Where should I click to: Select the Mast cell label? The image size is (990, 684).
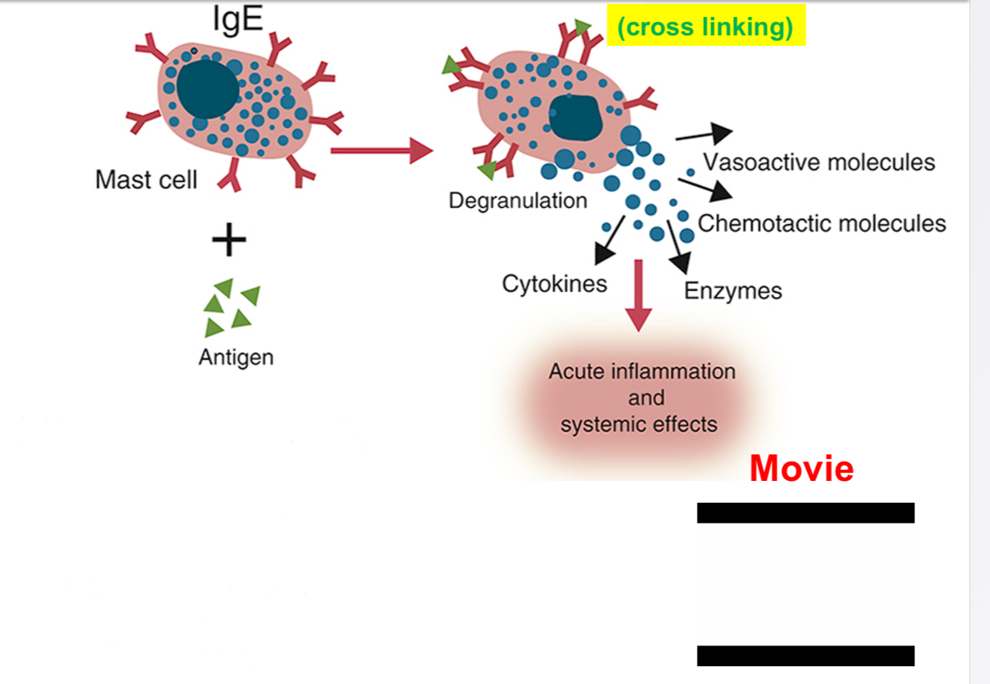click(x=146, y=179)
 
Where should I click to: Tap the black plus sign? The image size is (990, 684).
click(x=229, y=240)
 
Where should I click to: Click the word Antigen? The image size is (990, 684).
click(x=236, y=357)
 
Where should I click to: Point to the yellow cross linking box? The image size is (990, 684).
click(x=706, y=27)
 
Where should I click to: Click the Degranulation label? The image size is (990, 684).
click(x=518, y=200)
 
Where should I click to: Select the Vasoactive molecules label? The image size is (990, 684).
click(x=818, y=162)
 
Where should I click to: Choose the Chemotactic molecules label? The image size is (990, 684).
click(x=822, y=223)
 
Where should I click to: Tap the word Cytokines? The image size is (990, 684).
click(x=554, y=284)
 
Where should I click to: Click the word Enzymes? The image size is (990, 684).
click(x=733, y=290)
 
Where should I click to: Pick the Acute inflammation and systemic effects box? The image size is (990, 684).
click(x=641, y=398)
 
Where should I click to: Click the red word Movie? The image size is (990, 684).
click(x=801, y=469)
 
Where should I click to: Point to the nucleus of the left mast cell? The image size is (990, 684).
click(x=207, y=89)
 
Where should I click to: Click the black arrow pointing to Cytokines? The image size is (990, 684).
click(x=609, y=241)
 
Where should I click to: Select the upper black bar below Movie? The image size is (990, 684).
click(x=805, y=513)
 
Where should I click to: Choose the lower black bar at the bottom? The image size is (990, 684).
click(x=805, y=656)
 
